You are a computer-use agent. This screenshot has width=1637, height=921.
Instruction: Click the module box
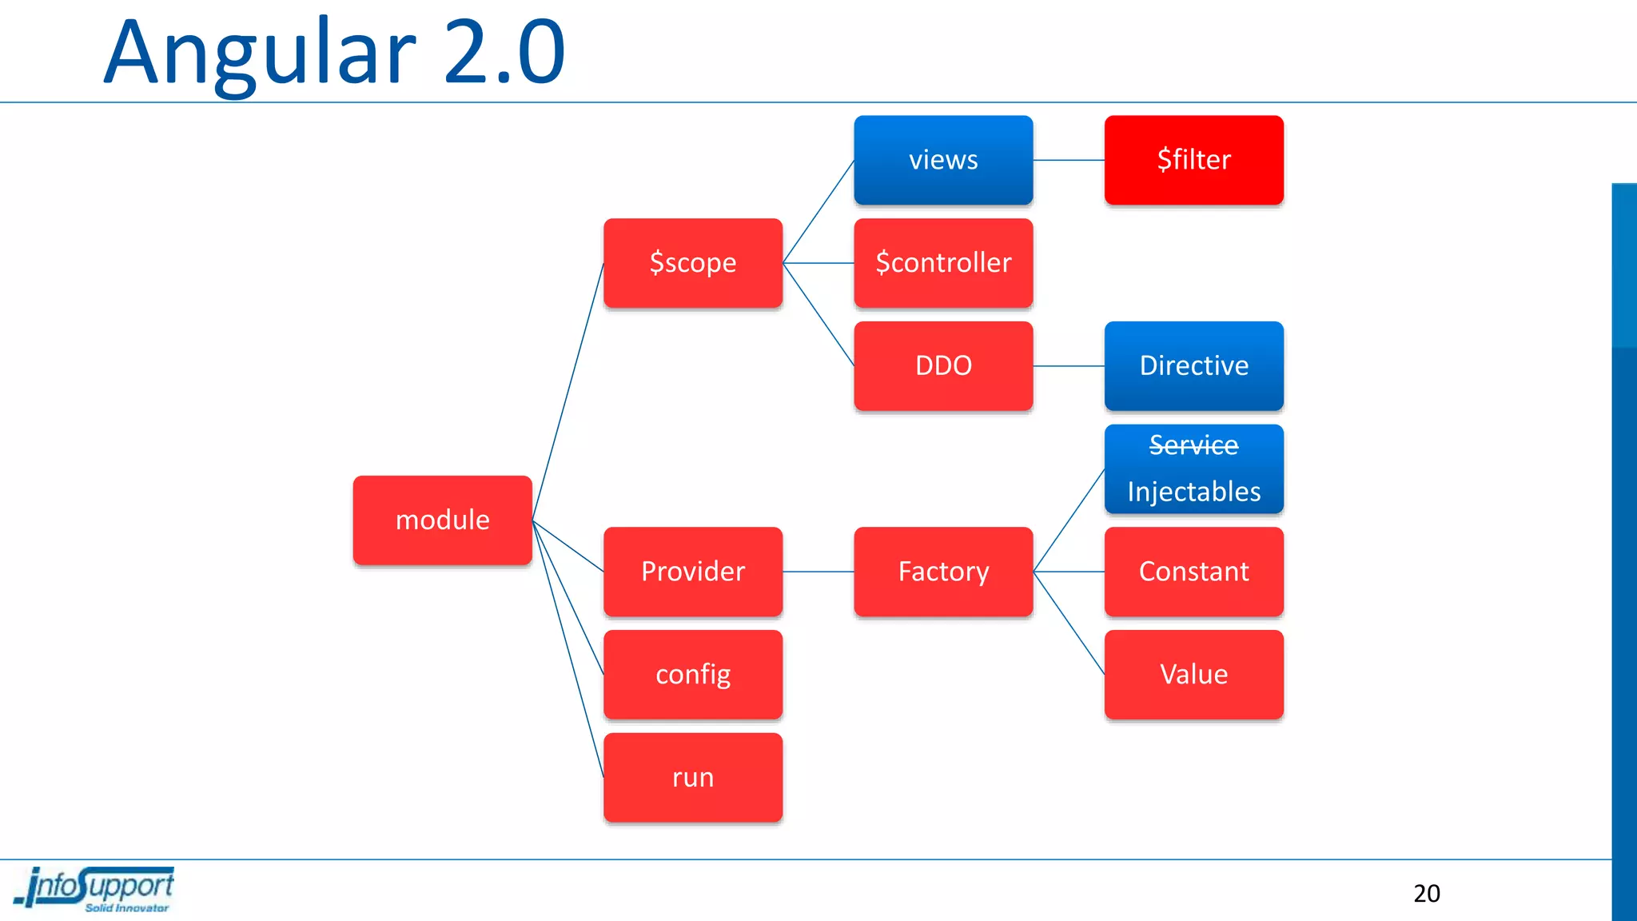[x=442, y=520]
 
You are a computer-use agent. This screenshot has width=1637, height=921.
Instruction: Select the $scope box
[x=692, y=263]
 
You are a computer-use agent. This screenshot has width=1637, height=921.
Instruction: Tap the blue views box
[x=943, y=160]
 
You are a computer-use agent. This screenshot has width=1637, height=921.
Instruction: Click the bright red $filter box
[x=1193, y=160]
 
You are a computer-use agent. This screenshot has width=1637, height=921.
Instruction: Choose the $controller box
[x=943, y=263]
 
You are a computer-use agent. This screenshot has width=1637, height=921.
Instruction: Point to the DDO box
[x=943, y=366]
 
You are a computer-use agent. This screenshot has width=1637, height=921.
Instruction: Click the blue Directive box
[x=1193, y=366]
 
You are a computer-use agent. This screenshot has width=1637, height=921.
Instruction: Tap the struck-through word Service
[x=1193, y=445]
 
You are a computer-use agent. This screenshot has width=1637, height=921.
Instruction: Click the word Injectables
[x=1193, y=492]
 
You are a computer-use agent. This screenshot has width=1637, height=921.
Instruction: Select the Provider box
[x=692, y=572]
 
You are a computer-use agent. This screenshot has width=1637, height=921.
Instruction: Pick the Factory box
[x=943, y=572]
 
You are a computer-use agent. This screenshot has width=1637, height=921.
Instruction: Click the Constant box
[x=1193, y=572]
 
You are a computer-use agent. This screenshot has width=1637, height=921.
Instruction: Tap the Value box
[x=1193, y=675]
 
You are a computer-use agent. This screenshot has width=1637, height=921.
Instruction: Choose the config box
[x=692, y=675]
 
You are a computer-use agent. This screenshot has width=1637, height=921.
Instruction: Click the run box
[x=692, y=777]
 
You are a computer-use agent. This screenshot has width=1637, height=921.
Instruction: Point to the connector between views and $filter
[x=1069, y=160]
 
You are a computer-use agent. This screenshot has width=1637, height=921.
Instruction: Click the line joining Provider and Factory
[x=818, y=572]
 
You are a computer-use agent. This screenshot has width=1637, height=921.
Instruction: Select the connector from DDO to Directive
[x=1069, y=366]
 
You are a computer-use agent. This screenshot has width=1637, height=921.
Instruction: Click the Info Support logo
[x=94, y=889]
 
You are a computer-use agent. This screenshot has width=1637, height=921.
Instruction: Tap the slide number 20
[x=1426, y=893]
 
